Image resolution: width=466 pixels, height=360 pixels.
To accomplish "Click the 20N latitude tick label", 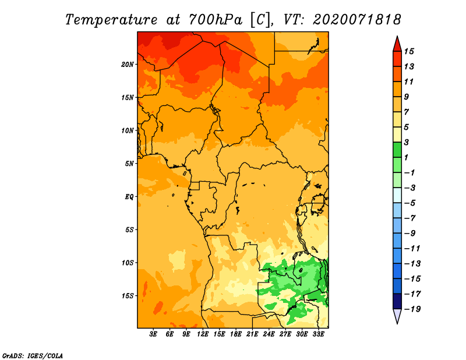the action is (x=128, y=65).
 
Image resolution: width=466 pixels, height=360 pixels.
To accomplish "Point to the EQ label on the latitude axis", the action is (x=129, y=197).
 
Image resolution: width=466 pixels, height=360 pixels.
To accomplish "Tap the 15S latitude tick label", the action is (x=128, y=296).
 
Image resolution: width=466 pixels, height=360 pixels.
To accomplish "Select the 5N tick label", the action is (x=129, y=164).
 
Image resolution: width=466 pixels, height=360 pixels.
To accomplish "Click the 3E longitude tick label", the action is (x=153, y=334).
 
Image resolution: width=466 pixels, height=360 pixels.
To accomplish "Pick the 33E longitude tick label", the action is (x=318, y=334).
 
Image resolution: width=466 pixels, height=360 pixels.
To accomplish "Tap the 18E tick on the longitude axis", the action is (x=236, y=334).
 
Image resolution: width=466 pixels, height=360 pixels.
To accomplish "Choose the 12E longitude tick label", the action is (x=203, y=334).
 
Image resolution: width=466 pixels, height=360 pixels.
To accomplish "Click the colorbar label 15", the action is (x=409, y=51).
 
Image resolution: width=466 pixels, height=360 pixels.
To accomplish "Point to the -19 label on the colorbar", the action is (x=412, y=309).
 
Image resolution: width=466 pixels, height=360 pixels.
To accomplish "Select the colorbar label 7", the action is (x=407, y=112).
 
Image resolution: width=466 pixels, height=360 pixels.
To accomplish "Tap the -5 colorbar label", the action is (x=410, y=203).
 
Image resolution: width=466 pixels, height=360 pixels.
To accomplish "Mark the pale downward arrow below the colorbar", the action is (x=397, y=315).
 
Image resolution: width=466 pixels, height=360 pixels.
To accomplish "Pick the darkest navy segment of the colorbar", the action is (x=397, y=301).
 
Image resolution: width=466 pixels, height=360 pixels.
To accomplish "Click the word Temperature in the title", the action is (x=111, y=20).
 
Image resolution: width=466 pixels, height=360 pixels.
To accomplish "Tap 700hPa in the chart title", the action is (x=216, y=20).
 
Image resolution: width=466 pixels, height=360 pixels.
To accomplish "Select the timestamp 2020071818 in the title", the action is (x=357, y=20).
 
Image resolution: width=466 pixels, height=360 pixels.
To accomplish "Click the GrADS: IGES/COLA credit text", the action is (x=33, y=355).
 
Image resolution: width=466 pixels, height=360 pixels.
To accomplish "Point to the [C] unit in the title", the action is (x=260, y=20).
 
